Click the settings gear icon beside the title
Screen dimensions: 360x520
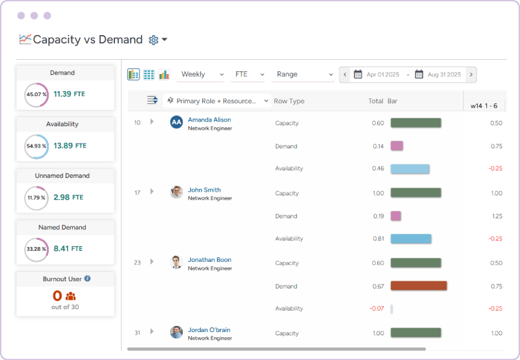pyautogui.click(x=153, y=40)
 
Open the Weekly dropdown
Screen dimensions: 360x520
pyautogui.click(x=201, y=74)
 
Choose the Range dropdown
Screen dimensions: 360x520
pyautogui.click(x=303, y=74)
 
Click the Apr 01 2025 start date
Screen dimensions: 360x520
pyautogui.click(x=382, y=75)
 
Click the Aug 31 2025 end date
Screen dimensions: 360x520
pyautogui.click(x=444, y=75)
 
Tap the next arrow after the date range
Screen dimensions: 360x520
pyautogui.click(x=471, y=75)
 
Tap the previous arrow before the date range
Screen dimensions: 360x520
pyautogui.click(x=345, y=75)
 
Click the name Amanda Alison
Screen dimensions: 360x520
pyautogui.click(x=209, y=120)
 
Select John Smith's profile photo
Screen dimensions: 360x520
pyautogui.click(x=176, y=192)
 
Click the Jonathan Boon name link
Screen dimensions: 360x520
pyautogui.click(x=209, y=260)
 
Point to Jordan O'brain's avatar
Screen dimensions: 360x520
pyautogui.click(x=176, y=332)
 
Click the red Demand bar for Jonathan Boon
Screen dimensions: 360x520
pyautogui.click(x=419, y=286)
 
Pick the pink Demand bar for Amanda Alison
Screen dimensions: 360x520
pyautogui.click(x=396, y=146)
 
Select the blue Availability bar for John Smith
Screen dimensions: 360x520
pyautogui.click(x=411, y=238)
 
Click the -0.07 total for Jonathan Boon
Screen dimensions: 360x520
pyautogui.click(x=376, y=309)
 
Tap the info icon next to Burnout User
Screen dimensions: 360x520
pyautogui.click(x=88, y=279)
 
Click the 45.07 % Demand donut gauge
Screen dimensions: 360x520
pyautogui.click(x=36, y=94)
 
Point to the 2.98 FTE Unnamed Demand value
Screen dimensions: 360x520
pyautogui.click(x=68, y=197)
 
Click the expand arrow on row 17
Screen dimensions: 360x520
pyautogui.click(x=152, y=191)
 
